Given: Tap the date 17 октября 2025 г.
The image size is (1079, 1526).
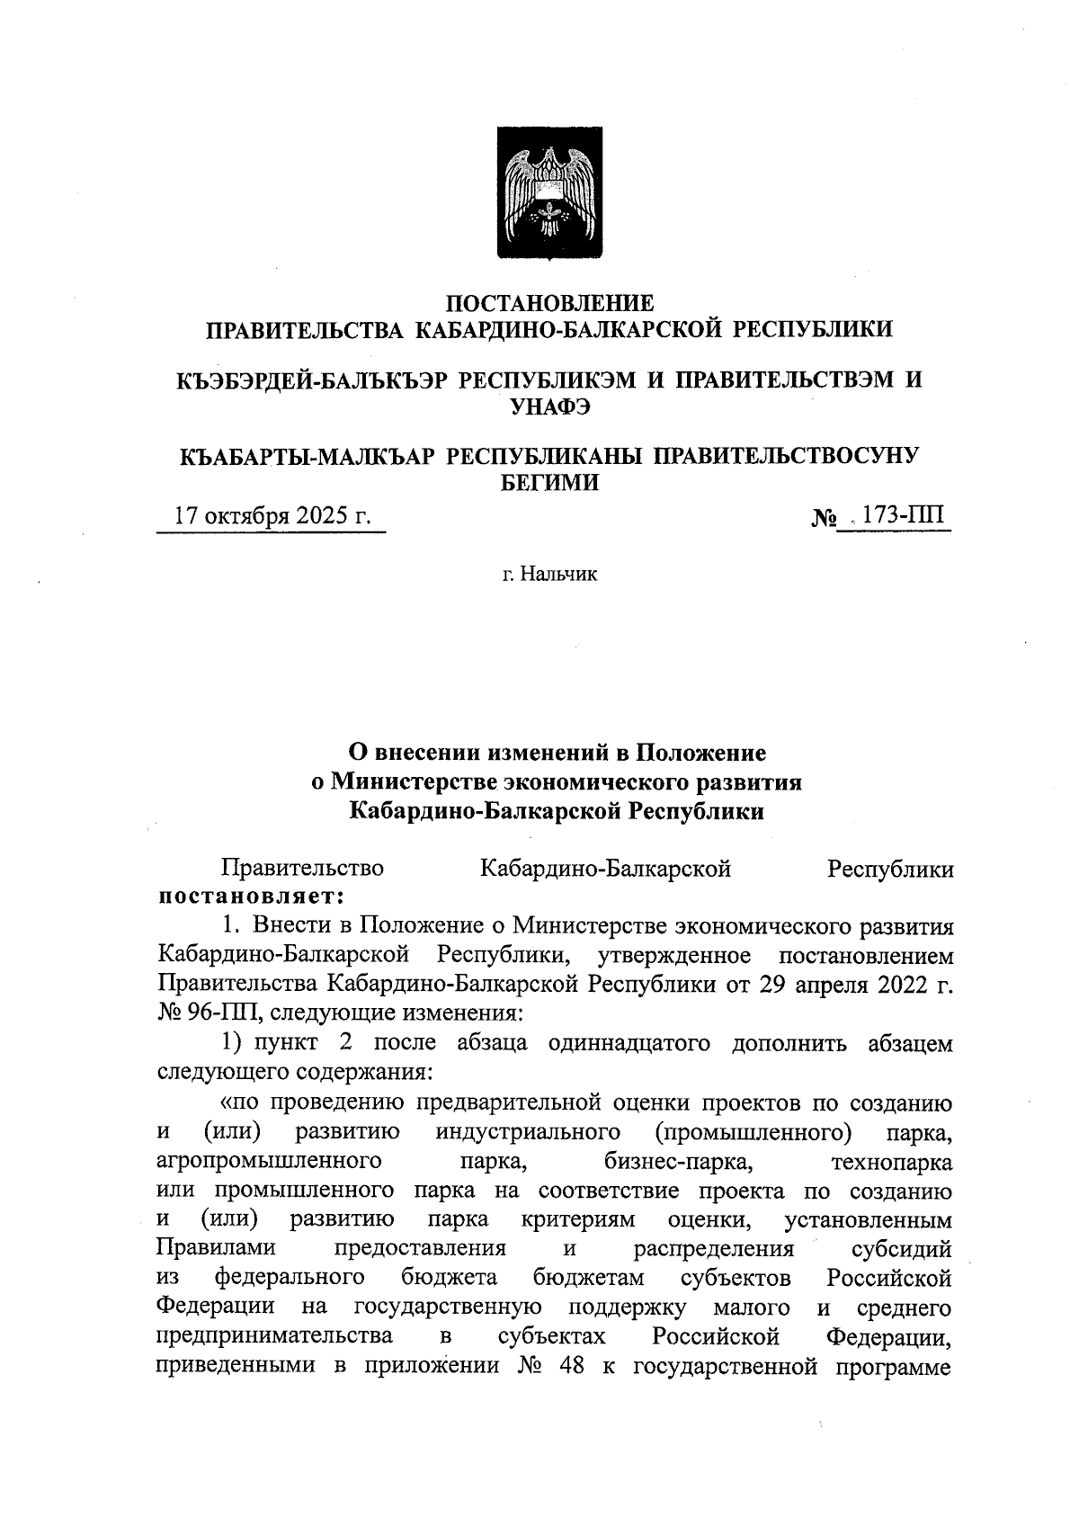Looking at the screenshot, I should [272, 516].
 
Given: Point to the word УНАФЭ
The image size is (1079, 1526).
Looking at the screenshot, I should [549, 406].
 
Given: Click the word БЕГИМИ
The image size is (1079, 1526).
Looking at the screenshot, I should [548, 483].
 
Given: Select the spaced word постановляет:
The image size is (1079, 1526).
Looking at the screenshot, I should [252, 897].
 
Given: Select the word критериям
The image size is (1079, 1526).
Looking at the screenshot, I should [577, 1219].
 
